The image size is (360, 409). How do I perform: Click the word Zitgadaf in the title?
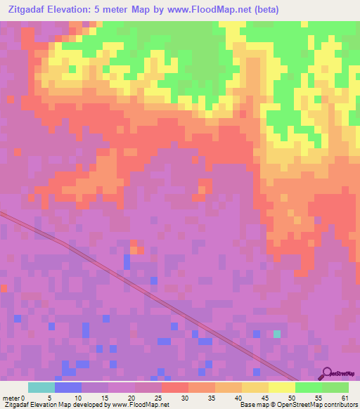pyautogui.click(x=28, y=10)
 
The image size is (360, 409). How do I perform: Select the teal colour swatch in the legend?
pyautogui.click(x=41, y=387)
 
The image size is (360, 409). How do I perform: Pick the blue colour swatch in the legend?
pyautogui.click(x=67, y=387)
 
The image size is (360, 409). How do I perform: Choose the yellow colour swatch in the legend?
pyautogui.click(x=281, y=387)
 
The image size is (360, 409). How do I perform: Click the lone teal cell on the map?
pyautogui.click(x=277, y=335)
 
